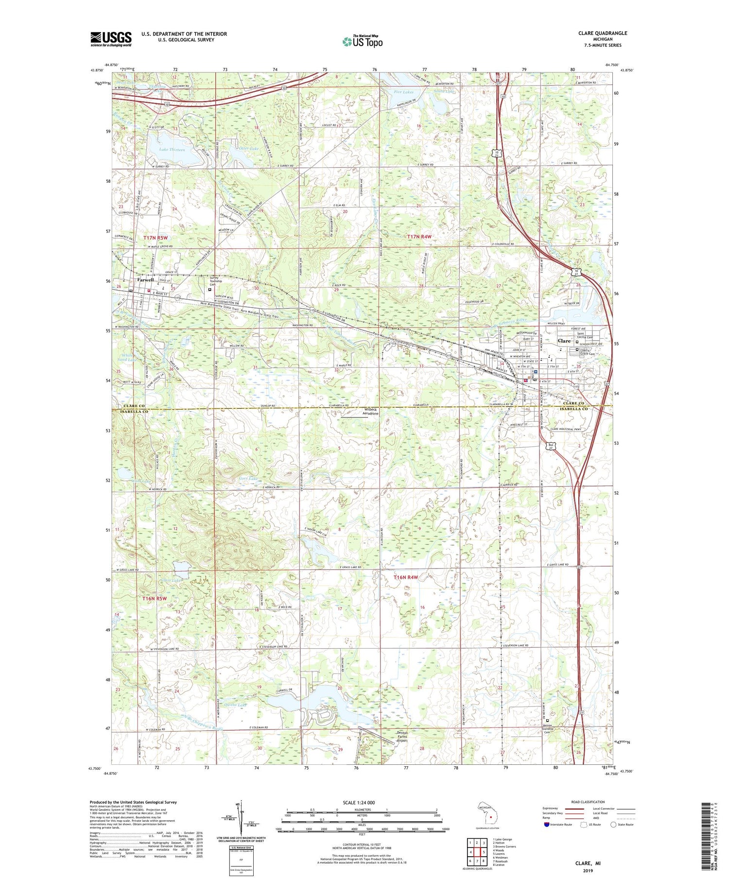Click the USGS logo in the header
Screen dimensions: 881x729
point(111,39)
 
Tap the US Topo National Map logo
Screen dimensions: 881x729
point(362,41)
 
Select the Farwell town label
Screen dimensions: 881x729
point(145,280)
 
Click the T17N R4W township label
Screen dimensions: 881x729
point(419,236)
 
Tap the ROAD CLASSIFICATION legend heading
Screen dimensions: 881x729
point(588,802)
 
